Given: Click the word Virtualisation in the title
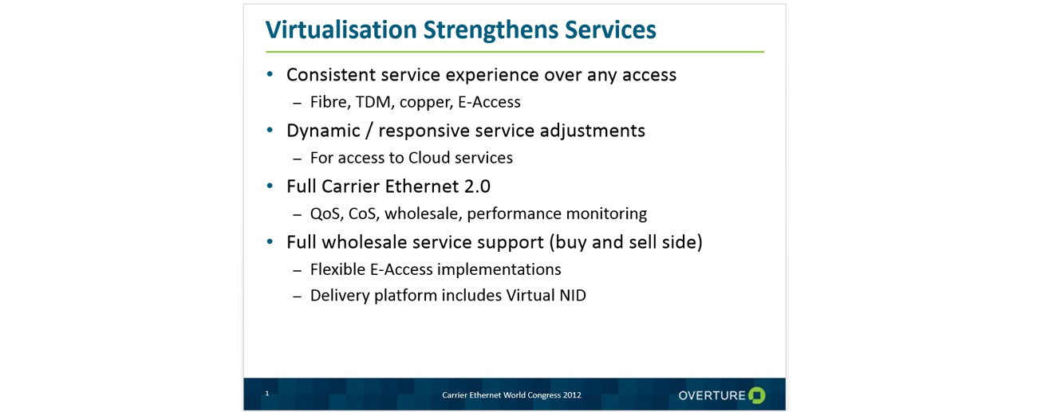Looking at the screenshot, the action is [x=341, y=29].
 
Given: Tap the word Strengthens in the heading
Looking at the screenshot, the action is [x=491, y=30].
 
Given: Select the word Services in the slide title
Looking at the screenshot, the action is [x=610, y=29].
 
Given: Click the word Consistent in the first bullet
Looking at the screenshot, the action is [x=330, y=74].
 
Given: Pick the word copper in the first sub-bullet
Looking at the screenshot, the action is [x=426, y=103].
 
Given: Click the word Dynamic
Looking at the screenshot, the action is [x=323, y=131].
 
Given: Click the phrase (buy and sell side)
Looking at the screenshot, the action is [x=626, y=242].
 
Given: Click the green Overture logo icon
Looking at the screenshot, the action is [x=757, y=395].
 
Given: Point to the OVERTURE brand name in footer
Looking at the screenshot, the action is [x=712, y=396].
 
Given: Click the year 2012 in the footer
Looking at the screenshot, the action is [x=572, y=395].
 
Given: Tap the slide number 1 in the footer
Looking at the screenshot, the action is [x=267, y=393].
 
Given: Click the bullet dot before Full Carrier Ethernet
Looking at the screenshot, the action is [x=270, y=186].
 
